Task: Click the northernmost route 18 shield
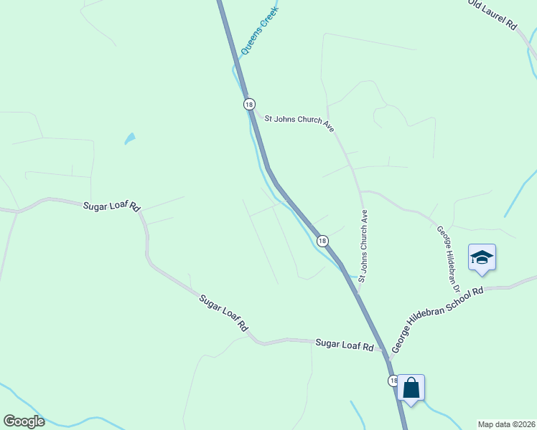pyautogui.click(x=248, y=104)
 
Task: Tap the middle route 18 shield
pyautogui.click(x=323, y=241)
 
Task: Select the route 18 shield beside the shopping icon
pyautogui.click(x=393, y=381)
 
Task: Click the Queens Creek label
pyautogui.click(x=258, y=32)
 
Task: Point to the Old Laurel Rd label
pyautogui.click(x=492, y=14)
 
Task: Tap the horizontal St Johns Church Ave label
pyautogui.click(x=299, y=123)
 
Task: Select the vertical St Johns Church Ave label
pyautogui.click(x=363, y=245)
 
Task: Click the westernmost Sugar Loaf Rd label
pyautogui.click(x=111, y=206)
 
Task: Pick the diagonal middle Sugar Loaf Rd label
pyautogui.click(x=223, y=312)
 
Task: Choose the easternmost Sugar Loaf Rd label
pyautogui.click(x=345, y=345)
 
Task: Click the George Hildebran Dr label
pyautogui.click(x=448, y=259)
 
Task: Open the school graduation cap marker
pyautogui.click(x=482, y=258)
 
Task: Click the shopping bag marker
pyautogui.click(x=411, y=388)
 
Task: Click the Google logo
pyautogui.click(x=24, y=421)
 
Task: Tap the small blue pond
pyautogui.click(x=130, y=138)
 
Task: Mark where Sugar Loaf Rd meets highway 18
pyautogui.click(x=384, y=351)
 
